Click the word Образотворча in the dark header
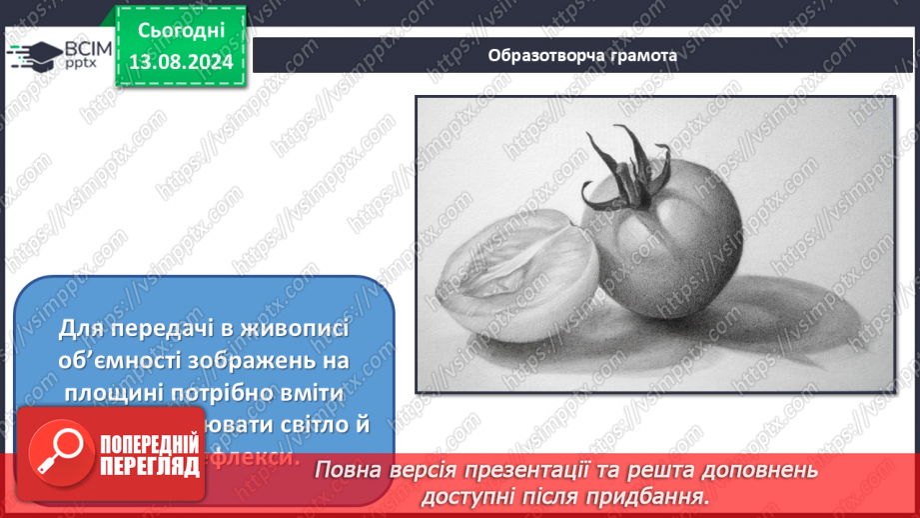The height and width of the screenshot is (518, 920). pyautogui.click(x=538, y=55)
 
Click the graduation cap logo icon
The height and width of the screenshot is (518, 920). pyautogui.click(x=33, y=54)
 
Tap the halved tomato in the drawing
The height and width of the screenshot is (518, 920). pyautogui.click(x=520, y=265)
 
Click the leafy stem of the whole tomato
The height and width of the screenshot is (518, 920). pyautogui.click(x=614, y=165)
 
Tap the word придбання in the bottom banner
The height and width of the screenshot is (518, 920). pyautogui.click(x=658, y=495)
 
